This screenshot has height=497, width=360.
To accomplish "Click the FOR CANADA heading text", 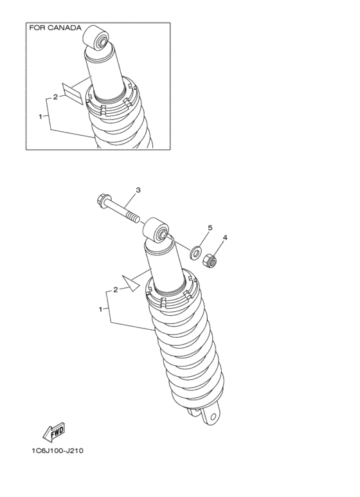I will point(55,28).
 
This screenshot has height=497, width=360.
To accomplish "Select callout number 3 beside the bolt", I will point(138,190).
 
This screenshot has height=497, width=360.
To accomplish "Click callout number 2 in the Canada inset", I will point(56,97).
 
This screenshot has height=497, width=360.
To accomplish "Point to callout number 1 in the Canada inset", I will point(40,116).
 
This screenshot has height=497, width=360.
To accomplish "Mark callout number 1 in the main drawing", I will point(100,309).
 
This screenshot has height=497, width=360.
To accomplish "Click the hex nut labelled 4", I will point(209,261).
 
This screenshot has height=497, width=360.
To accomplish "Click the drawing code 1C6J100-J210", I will point(56,450).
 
